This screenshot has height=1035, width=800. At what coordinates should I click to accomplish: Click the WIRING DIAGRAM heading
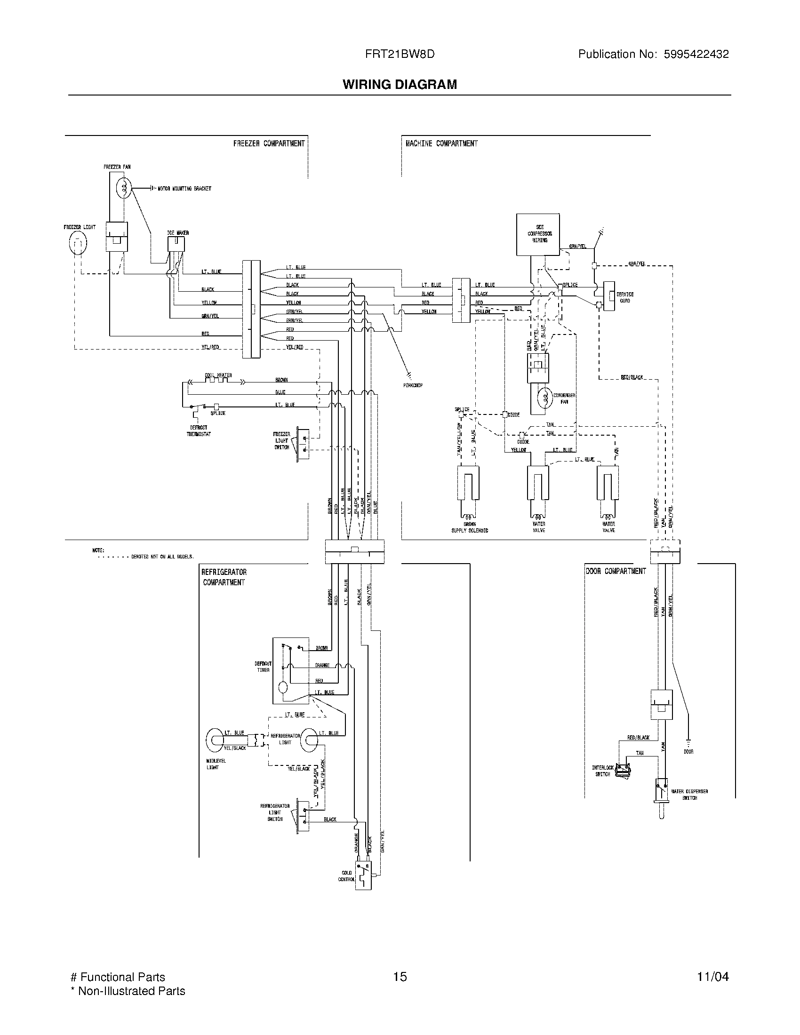coord(400,84)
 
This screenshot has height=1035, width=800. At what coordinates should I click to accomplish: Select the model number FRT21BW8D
coord(400,54)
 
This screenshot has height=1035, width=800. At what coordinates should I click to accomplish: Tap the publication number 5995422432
coord(696,54)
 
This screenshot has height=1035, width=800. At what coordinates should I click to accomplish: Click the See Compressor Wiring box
coord(538,234)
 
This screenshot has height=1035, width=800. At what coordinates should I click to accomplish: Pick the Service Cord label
coord(624,297)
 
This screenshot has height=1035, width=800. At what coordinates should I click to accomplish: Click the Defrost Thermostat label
coord(199,430)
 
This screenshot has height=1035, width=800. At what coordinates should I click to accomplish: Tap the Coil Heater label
coord(218,375)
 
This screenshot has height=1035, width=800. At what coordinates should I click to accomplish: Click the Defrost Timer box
coord(290,670)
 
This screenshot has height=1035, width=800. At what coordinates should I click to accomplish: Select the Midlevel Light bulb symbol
coord(216,740)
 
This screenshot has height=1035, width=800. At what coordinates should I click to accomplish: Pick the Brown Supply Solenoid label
coord(470,527)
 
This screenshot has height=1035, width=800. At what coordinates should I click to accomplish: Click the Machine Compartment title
coord(441,143)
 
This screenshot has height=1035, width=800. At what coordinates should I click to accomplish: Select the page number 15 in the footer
coord(400,977)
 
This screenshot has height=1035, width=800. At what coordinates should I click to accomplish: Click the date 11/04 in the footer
coord(712,977)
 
